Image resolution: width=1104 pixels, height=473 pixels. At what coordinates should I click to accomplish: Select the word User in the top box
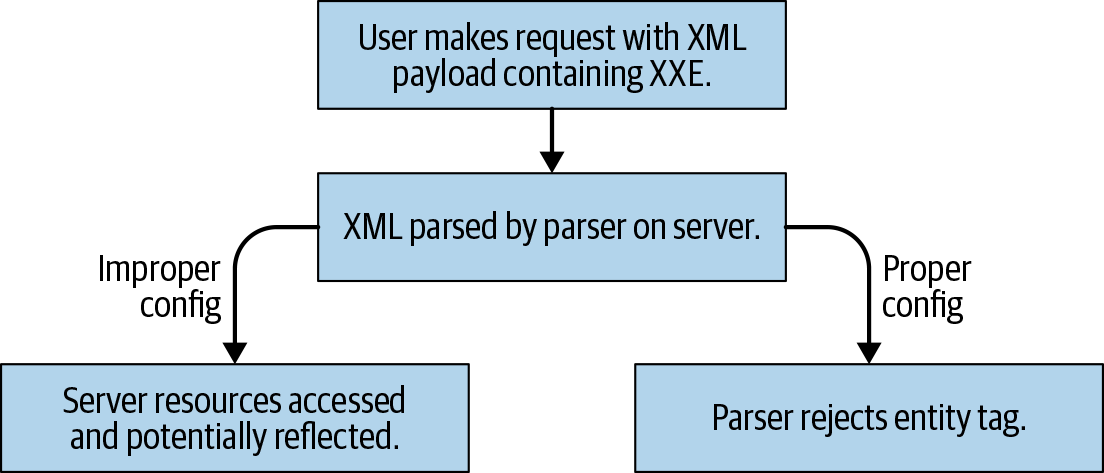[385, 41]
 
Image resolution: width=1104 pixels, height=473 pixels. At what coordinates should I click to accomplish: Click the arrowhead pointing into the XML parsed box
[551, 161]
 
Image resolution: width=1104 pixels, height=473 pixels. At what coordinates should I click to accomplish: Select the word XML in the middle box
[373, 227]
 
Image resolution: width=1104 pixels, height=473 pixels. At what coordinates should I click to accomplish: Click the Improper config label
[160, 286]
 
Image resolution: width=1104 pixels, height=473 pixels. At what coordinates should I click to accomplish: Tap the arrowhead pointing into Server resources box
[234, 352]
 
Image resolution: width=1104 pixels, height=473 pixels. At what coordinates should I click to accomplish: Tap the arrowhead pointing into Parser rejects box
[868, 352]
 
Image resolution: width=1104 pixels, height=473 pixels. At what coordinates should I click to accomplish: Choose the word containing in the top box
[565, 75]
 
